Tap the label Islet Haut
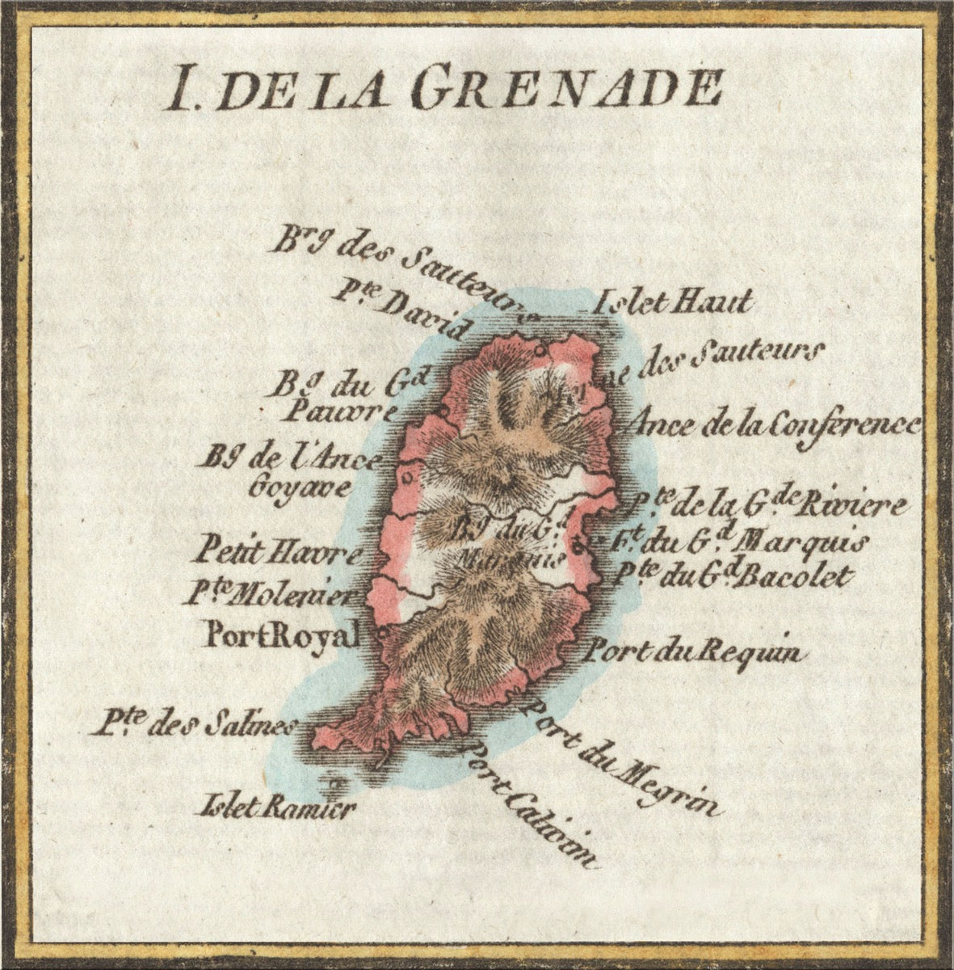[x=672, y=303]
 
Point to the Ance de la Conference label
[x=775, y=423]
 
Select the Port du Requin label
[x=695, y=651]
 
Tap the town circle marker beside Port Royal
[x=380, y=633]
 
